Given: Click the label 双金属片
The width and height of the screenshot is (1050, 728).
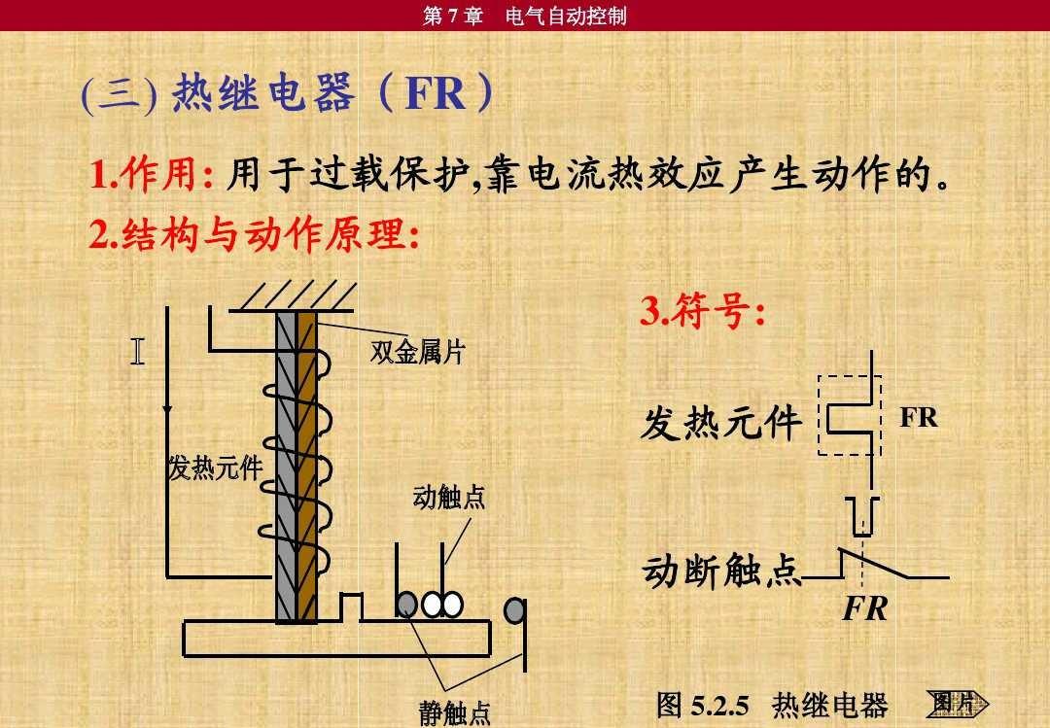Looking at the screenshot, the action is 418,352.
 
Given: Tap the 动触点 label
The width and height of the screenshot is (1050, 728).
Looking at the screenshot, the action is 448,498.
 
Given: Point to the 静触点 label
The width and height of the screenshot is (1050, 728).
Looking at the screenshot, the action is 455,713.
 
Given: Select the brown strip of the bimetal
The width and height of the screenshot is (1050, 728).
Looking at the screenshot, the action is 306,467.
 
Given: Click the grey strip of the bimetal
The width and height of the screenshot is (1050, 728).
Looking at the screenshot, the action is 286,467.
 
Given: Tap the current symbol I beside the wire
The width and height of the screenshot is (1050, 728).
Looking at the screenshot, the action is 137,351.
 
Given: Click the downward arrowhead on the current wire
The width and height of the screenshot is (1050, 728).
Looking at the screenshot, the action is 167,408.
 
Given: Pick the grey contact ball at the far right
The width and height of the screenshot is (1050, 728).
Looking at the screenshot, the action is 513,610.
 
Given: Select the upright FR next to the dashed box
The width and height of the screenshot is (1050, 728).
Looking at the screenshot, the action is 918,417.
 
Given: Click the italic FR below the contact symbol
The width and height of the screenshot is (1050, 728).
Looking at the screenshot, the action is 865,608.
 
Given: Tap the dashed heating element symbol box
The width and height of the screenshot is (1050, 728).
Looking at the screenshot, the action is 849,415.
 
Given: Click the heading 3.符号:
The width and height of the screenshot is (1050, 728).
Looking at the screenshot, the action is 703,311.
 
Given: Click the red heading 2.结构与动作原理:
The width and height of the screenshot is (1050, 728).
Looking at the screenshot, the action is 255,234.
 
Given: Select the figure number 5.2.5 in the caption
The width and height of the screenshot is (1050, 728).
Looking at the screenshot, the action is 719,706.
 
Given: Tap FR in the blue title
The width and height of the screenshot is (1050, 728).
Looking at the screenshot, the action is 436,93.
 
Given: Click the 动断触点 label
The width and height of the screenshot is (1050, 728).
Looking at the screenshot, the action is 721,572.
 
